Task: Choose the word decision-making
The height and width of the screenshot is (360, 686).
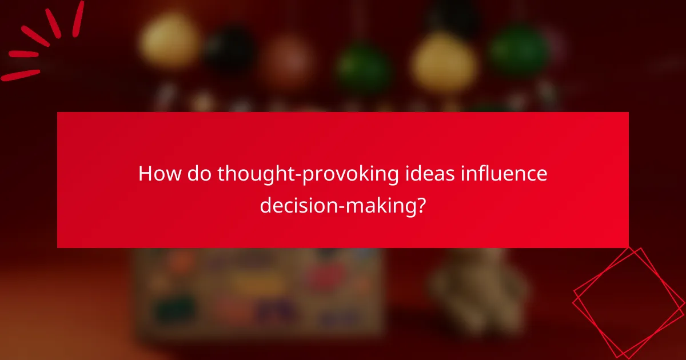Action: [x=336, y=205]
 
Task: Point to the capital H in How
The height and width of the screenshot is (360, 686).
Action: [x=146, y=174]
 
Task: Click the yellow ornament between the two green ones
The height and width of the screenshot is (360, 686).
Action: [x=445, y=59]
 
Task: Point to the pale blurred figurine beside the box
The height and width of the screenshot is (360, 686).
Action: [x=474, y=286]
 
